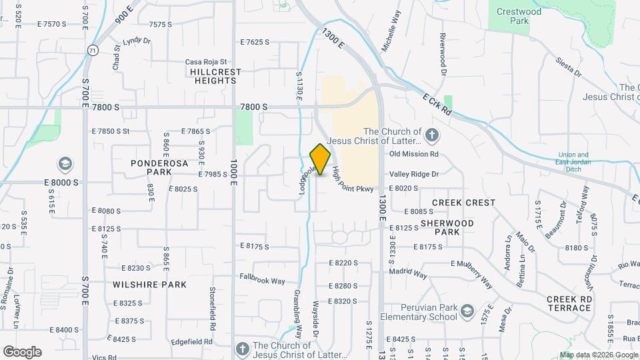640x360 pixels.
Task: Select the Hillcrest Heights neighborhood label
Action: (213, 75)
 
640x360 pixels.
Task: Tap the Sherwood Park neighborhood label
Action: (447, 227)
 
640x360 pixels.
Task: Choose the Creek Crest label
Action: (464, 202)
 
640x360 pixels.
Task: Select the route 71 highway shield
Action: (93, 49)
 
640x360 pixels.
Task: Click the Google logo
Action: (22, 352)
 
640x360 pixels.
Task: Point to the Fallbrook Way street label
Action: (263, 281)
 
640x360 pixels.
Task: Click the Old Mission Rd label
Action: (413, 154)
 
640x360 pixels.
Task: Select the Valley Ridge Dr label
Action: (414, 174)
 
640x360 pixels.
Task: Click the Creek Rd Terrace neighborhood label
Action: (569, 303)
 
